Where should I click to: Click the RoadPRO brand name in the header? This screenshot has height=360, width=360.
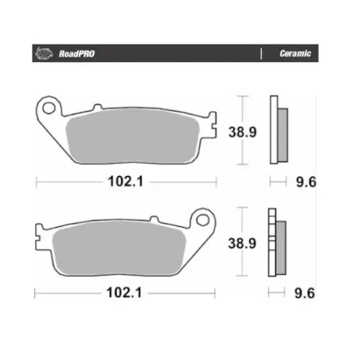tap(74, 55)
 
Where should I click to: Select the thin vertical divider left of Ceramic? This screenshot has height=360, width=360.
tap(261, 55)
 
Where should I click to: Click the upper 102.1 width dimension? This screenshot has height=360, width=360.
tap(124, 182)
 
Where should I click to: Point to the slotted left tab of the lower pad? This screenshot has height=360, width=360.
tap(40, 235)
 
